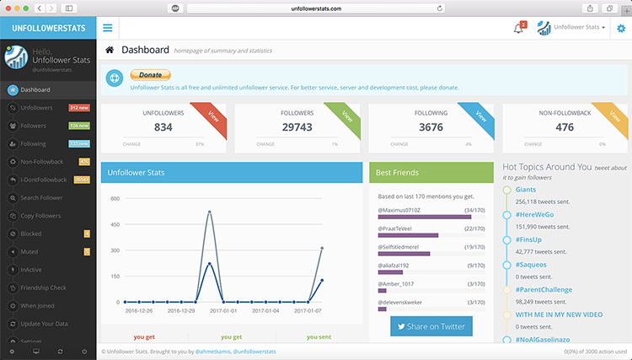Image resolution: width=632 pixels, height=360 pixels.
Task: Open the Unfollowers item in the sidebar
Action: pos(36,108)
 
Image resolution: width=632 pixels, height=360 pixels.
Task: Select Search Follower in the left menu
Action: pos(42,197)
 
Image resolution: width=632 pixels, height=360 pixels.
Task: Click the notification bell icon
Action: pos(518,29)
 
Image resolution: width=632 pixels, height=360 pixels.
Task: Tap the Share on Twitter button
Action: pos(431,326)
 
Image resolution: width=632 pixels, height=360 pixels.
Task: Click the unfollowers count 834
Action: pos(163,126)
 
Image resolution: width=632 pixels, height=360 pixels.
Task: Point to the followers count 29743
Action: pos(297,126)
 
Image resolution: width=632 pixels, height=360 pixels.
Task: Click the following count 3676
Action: pos(431,126)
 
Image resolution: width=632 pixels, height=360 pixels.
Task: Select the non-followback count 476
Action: pos(565,126)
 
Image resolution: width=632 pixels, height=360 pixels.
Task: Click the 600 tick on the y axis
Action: pos(115,199)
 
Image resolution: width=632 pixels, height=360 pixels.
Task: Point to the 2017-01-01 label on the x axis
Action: pos(223,310)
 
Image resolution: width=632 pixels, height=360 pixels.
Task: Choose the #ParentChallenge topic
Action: pos(544,289)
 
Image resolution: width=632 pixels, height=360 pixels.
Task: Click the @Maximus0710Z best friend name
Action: pos(400,209)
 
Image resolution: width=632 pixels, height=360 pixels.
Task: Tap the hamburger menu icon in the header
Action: pos(108,28)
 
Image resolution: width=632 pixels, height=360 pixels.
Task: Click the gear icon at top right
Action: pos(621,28)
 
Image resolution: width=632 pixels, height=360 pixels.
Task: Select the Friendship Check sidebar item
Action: pos(44,287)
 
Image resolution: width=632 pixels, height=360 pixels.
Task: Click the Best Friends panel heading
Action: pos(397,172)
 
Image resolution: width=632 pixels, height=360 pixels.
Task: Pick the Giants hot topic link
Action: pos(526,190)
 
